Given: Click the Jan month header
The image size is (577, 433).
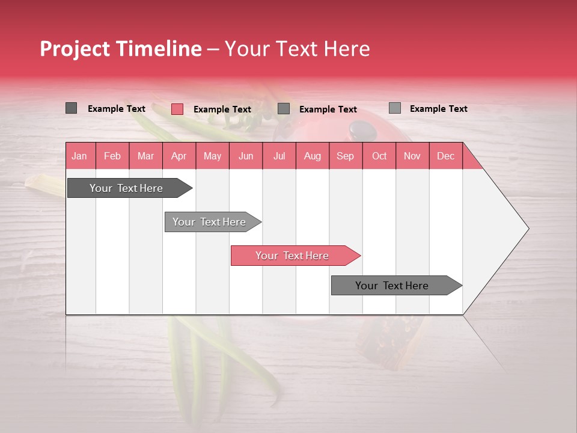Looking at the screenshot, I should pos(80,156).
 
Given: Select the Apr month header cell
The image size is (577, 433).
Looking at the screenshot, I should pos(179,156).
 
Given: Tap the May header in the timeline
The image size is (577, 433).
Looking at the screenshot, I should pos(212,156).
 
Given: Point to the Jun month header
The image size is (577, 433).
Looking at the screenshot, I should pos(246,156).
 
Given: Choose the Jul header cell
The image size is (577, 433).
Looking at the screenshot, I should pos(279,156).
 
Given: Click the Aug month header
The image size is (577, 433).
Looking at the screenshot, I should pos(313,156).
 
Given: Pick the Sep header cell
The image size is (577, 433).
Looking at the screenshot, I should pos(346,156).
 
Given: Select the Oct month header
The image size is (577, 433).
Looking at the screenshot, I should pos(379,156).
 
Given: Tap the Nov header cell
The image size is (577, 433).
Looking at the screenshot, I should pos(412,156).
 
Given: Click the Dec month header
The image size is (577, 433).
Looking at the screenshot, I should pos(446,156).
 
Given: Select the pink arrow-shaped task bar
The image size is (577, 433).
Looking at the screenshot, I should pos(295,256).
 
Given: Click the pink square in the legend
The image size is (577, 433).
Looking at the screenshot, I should pos(177,109).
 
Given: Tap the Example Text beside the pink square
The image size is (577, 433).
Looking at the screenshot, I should pos(222,109).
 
